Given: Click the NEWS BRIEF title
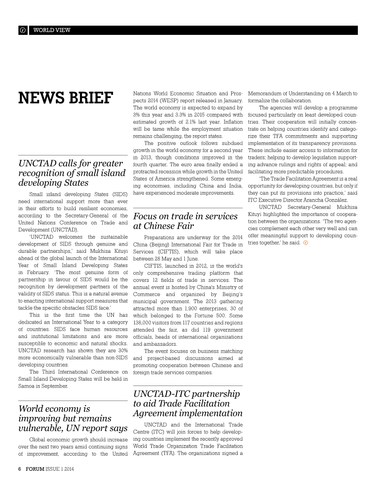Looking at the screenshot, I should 65,98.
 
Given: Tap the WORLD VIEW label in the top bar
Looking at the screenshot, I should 52,30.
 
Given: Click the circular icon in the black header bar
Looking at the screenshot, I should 23,30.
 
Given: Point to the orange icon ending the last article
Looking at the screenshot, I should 305,243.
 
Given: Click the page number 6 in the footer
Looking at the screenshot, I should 20,469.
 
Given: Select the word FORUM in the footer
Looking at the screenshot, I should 35,469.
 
